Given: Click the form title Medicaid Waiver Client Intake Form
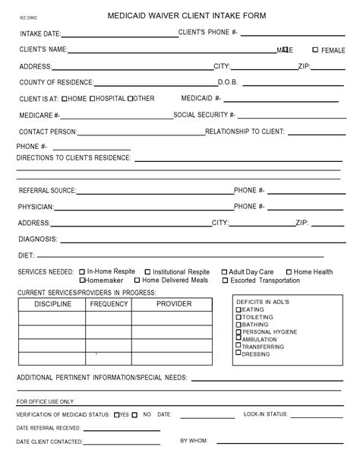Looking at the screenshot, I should click(187, 15).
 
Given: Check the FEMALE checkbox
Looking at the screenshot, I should click(315, 49).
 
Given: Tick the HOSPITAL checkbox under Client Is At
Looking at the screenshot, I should click(93, 98).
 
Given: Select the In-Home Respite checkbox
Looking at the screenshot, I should click(82, 271).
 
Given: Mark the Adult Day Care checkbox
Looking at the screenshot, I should click(224, 271).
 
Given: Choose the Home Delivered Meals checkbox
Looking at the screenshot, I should click(137, 280).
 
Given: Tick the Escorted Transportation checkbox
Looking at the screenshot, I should click(224, 280).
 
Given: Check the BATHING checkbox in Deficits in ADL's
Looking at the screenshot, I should click(239, 325).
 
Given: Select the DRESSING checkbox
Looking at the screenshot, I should click(239, 353).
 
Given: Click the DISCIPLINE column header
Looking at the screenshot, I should click(52, 304).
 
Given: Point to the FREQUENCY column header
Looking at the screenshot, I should click(109, 304).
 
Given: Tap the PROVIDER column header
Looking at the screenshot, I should click(174, 304).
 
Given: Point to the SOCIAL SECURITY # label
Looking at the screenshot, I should click(204, 115).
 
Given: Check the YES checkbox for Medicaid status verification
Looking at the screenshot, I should click(116, 415).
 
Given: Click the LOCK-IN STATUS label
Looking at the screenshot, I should click(265, 414).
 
